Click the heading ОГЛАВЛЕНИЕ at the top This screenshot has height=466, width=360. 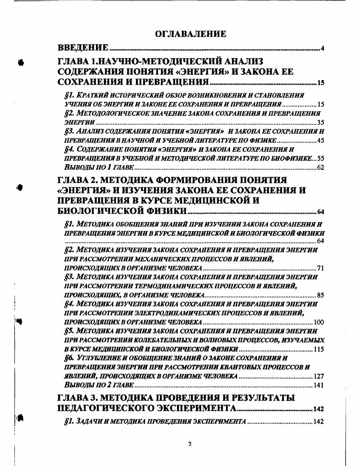pos(190,34)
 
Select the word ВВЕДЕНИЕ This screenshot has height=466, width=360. pos(83,48)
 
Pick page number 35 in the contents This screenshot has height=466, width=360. pos(320,122)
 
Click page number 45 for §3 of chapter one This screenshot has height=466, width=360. pos(320,141)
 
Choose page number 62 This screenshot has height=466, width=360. pos(320,168)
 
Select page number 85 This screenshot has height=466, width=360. pos(320,296)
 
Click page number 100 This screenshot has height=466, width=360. pos(319,322)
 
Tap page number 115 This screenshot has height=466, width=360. pos(319,349)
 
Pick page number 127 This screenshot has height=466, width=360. pos(319,376)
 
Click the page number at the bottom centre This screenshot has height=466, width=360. pos(190,444)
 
